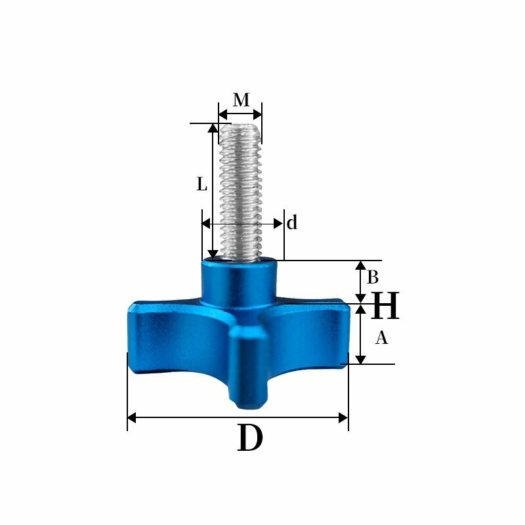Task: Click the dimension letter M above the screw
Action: point(241,100)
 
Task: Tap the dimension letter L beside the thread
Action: point(201,184)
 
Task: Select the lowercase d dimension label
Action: point(292,222)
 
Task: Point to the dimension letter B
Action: point(373,277)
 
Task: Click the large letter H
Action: point(385,305)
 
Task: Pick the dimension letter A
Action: point(381,337)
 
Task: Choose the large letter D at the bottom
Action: point(250,438)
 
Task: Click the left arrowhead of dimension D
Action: point(132,418)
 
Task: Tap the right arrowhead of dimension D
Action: point(343,418)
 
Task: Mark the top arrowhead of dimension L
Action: point(213,128)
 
